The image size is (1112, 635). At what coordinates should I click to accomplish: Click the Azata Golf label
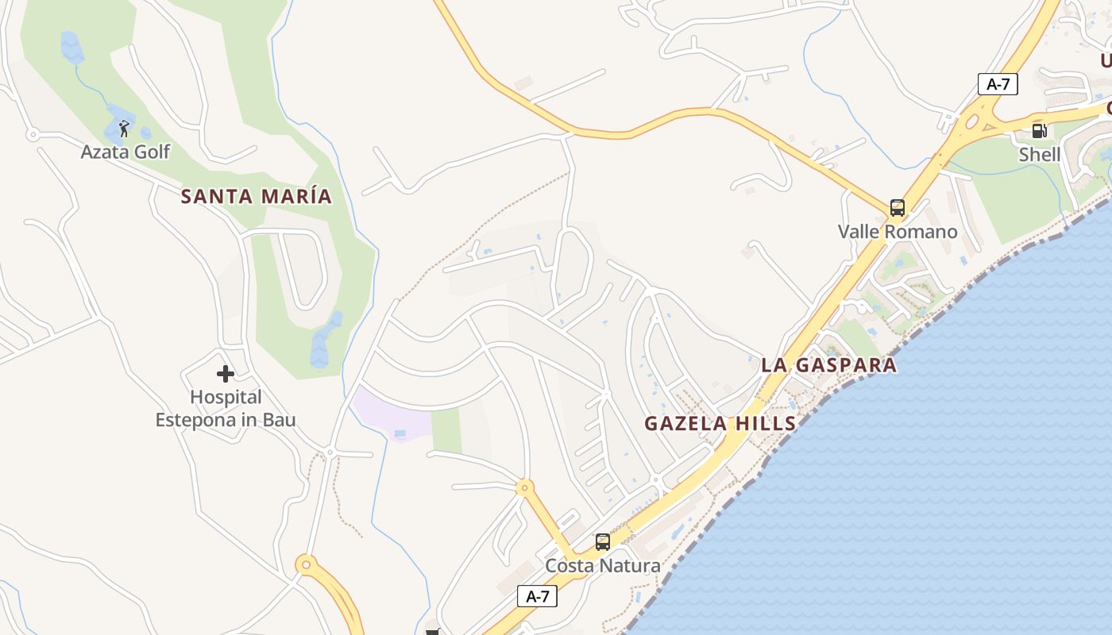[125, 152]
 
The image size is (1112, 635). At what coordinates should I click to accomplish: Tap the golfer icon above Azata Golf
[124, 128]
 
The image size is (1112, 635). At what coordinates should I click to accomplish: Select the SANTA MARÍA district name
[256, 196]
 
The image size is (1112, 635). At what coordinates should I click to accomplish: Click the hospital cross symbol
[226, 373]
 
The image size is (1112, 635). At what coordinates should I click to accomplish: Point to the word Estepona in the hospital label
[195, 420]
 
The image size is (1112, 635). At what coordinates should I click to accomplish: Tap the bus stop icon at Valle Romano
[898, 208]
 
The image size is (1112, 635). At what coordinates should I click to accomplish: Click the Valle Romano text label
[898, 232]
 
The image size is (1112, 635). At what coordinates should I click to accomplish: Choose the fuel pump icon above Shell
[1039, 131]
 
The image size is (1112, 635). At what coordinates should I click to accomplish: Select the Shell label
[1040, 155]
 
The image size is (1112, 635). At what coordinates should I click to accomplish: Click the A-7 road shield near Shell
[998, 84]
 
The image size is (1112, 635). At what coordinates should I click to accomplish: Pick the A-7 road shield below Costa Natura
[537, 596]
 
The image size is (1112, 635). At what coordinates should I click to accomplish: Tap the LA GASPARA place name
[828, 366]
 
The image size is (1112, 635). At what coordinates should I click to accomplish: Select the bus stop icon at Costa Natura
[603, 542]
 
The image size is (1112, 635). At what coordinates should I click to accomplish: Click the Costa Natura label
[602, 566]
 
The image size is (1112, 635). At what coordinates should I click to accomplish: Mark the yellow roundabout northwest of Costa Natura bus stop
[523, 487]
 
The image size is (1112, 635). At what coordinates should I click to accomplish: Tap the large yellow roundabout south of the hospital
[307, 565]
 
